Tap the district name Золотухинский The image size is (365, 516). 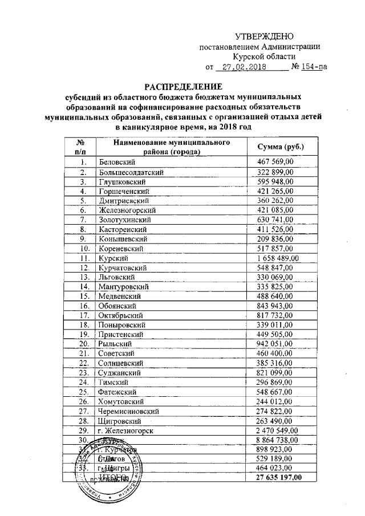(124, 220)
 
